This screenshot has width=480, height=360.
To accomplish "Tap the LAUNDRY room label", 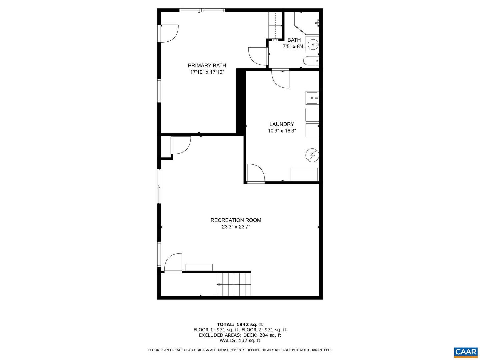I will [282, 124].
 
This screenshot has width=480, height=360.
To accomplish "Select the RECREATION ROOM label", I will [236, 220].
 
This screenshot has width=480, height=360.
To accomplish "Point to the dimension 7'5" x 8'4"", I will [294, 47].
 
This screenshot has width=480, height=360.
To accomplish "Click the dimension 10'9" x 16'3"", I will [282, 131].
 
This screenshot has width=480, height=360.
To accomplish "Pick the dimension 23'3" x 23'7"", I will [236, 227].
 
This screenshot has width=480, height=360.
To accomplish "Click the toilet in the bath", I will [311, 61].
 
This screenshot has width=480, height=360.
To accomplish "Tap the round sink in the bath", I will [313, 44].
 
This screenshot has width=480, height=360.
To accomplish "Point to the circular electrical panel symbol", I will [312, 155].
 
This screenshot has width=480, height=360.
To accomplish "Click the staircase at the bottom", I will [234, 284].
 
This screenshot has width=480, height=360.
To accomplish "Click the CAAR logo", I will [465, 352].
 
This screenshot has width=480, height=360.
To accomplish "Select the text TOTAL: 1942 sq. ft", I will [240, 324].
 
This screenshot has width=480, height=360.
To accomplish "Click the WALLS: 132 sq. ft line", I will [240, 340].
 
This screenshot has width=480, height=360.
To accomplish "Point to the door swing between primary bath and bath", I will [258, 56].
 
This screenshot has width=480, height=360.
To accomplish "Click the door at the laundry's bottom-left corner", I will [256, 174].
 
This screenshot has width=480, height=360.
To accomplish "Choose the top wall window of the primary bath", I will [202, 10].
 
